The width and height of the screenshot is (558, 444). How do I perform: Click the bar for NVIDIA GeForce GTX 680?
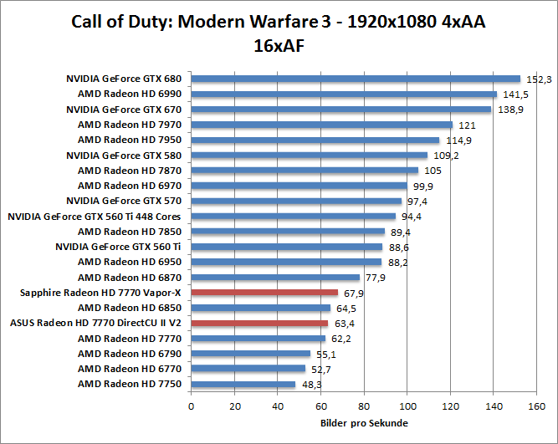356,79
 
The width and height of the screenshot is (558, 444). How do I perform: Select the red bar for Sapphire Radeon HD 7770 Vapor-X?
264,293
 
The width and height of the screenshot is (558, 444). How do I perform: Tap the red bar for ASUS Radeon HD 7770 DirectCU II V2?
259,323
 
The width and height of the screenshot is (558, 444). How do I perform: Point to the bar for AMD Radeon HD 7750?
243,385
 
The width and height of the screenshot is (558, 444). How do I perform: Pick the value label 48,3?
312,385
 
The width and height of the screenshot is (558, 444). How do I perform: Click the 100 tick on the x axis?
407,406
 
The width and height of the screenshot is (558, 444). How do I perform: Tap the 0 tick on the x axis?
192,406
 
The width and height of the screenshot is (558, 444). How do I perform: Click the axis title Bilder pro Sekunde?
364,423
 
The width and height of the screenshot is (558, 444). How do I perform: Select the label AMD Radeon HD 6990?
130,94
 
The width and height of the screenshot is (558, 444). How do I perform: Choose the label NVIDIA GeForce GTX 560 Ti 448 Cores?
95,217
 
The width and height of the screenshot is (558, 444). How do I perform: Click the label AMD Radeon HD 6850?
130,308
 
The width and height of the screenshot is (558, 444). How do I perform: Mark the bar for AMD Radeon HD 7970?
322,125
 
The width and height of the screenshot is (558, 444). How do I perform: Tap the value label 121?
467,125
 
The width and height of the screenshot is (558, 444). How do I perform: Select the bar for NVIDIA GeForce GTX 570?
296,201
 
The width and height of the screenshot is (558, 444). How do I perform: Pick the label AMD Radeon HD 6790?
130,354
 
